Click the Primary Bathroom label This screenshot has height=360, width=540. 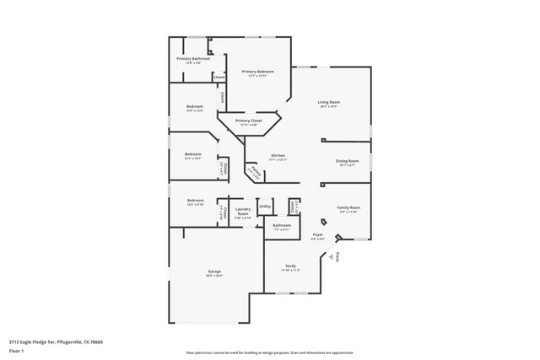click(193, 59)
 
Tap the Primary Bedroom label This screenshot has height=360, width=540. click(258, 73)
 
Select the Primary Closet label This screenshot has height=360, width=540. click(249, 121)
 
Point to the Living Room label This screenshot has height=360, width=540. click(329, 102)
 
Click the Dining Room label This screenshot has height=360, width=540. click(348, 161)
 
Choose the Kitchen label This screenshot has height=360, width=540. click(278, 156)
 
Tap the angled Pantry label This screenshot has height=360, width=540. click(253, 172)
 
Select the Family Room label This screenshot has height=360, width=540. click(348, 208)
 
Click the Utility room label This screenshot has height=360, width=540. click(264, 207)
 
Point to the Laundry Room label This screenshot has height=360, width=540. click(243, 211)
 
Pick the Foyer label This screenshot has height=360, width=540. click(318, 235)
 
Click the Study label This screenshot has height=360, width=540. click(289, 266)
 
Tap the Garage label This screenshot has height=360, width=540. click(214, 271)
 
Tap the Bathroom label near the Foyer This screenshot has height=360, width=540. click(282, 226)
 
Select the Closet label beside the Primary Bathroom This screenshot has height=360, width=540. click(219, 77)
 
